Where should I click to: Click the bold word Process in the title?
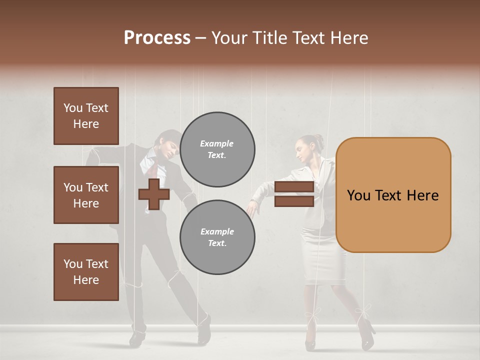pyautogui.click(x=157, y=38)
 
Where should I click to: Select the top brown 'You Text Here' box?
pyautogui.click(x=86, y=116)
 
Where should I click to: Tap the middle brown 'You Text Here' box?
pyautogui.click(x=86, y=195)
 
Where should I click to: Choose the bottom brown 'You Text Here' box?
pyautogui.click(x=86, y=272)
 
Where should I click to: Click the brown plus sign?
pyautogui.click(x=154, y=194)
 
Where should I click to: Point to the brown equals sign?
pyautogui.click(x=294, y=194)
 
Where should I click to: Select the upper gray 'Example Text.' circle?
pyautogui.click(x=217, y=149)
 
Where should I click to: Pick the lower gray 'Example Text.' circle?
pyautogui.click(x=217, y=237)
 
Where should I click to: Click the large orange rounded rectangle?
pyautogui.click(x=393, y=195)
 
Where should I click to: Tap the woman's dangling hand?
pyautogui.click(x=252, y=207)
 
